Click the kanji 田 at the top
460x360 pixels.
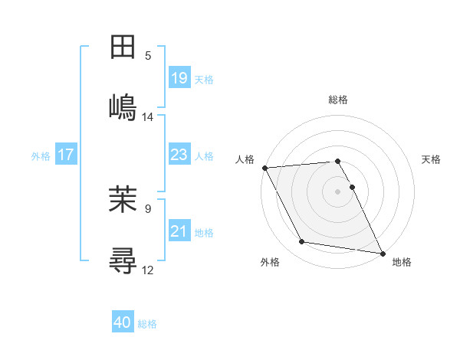pyautogui.click(x=123, y=47)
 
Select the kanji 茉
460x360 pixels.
pyautogui.click(x=123, y=201)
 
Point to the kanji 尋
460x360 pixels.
pyautogui.click(x=123, y=260)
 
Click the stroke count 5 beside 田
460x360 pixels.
pyautogui.click(x=148, y=55)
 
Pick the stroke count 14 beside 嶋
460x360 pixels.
pyautogui.click(x=148, y=116)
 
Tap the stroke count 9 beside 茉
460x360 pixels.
pyautogui.click(x=148, y=208)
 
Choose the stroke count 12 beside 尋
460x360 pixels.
pyautogui.click(x=148, y=270)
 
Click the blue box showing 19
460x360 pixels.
pyautogui.click(x=179, y=77)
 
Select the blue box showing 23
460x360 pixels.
pyautogui.click(x=179, y=155)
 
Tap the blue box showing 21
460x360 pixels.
pyautogui.click(x=179, y=231)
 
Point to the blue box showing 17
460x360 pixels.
pyautogui.click(x=66, y=155)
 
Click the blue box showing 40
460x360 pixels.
pyautogui.click(x=123, y=322)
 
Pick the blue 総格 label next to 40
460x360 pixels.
pyautogui.click(x=147, y=324)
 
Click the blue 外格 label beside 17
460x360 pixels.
pyautogui.click(x=41, y=155)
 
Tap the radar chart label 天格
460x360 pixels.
pyautogui.click(x=431, y=159)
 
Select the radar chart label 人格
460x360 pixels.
pyautogui.click(x=244, y=159)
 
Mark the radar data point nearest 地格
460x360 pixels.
pyautogui.click(x=381, y=253)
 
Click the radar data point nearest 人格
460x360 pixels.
pyautogui.click(x=264, y=168)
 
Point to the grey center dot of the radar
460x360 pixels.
pyautogui.click(x=337, y=191)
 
